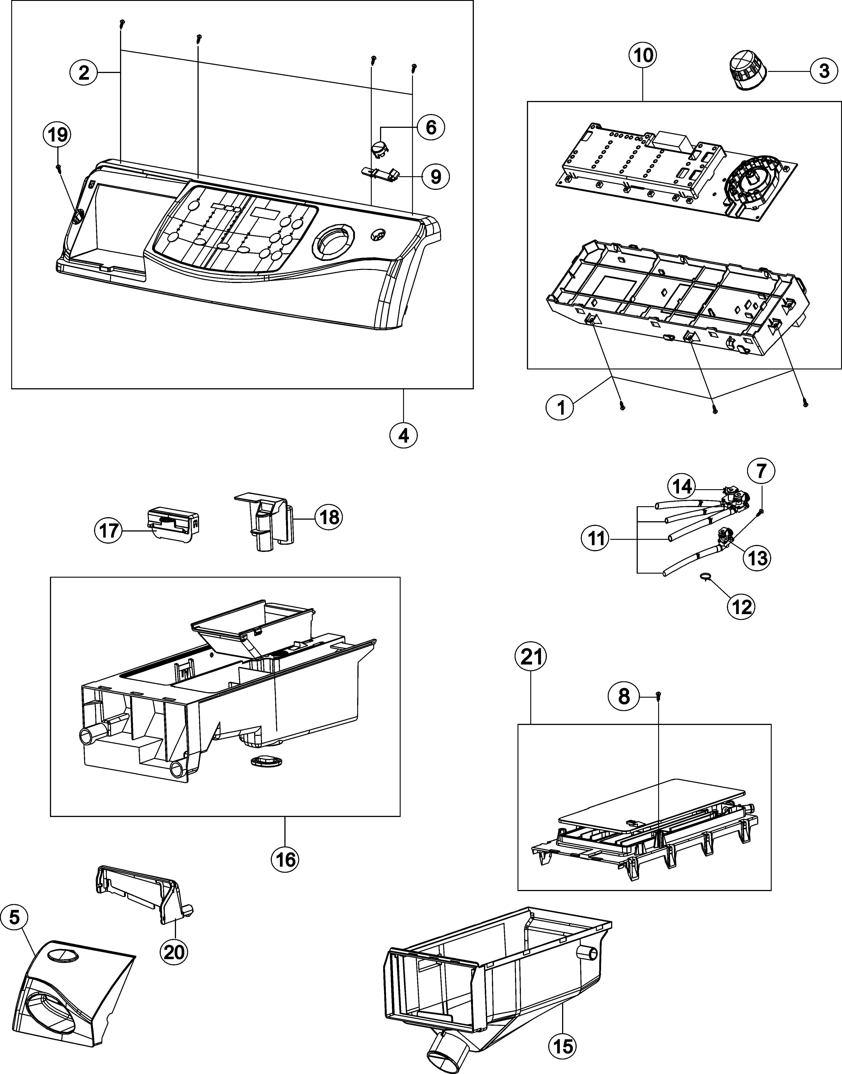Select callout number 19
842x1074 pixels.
coord(58,134)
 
